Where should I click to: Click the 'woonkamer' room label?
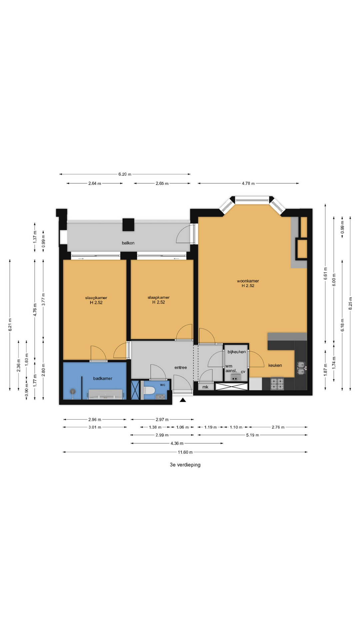(x=248, y=281)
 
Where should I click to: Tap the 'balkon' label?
(x=128, y=243)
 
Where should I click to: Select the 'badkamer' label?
(x=103, y=378)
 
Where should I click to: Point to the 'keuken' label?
(x=275, y=365)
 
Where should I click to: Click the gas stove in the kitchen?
(x=277, y=384)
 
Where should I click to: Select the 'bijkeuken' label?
(x=237, y=352)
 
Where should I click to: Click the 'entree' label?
(x=181, y=367)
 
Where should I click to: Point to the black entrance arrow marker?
(x=183, y=400)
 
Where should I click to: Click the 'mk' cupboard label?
(x=205, y=387)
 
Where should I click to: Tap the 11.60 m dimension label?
(x=185, y=452)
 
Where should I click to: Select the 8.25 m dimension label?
(x=350, y=303)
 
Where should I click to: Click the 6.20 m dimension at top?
(x=125, y=174)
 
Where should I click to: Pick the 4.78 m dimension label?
(x=248, y=183)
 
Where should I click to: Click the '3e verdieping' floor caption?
(x=185, y=465)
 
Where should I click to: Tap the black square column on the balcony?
(x=128, y=225)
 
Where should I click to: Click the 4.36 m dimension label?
(x=177, y=443)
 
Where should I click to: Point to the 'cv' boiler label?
(x=243, y=371)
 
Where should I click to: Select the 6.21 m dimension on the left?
(x=10, y=324)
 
